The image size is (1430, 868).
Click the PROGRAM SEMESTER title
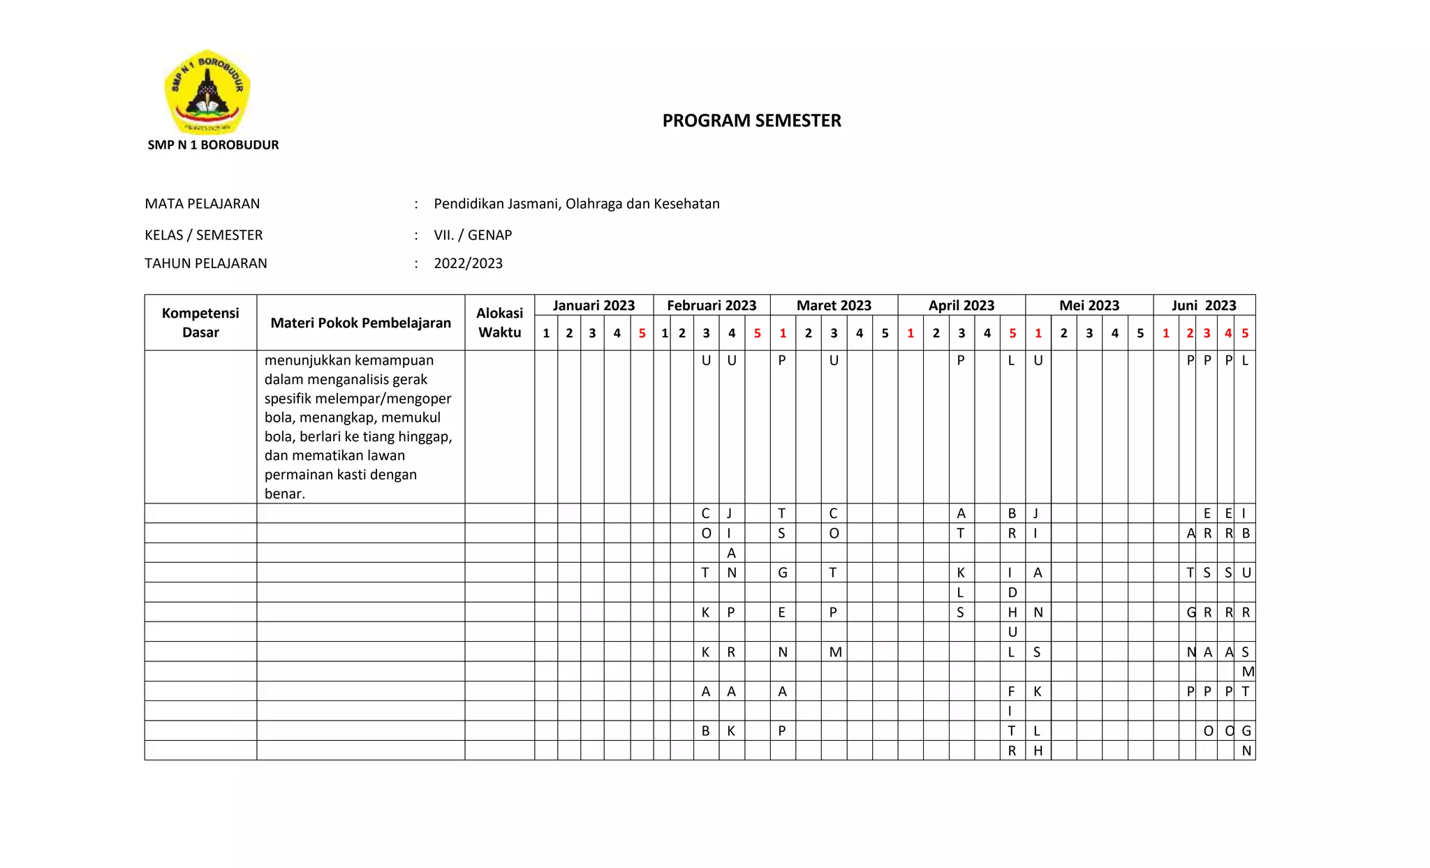[751, 121]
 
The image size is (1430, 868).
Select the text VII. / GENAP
[473, 235]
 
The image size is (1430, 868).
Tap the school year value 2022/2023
[468, 264]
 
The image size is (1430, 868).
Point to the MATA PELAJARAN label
[202, 204]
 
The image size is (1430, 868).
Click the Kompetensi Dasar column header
[200, 323]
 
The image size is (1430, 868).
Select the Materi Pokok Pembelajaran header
[360, 323]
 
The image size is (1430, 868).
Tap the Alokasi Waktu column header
[499, 323]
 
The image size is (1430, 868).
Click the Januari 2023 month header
[594, 305]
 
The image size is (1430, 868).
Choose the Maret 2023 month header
[834, 305]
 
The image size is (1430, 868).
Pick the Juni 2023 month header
[1204, 305]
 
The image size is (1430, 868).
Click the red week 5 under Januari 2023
[642, 333]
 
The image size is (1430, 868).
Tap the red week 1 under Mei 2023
[1038, 333]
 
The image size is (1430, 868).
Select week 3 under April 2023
[961, 333]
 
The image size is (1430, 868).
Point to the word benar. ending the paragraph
[285, 494]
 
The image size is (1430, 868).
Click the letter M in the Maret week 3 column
[835, 652]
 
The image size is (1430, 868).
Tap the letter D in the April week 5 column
[1012, 593]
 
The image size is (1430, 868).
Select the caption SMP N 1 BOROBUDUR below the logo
[213, 145]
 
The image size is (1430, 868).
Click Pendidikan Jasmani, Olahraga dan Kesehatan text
[576, 204]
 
